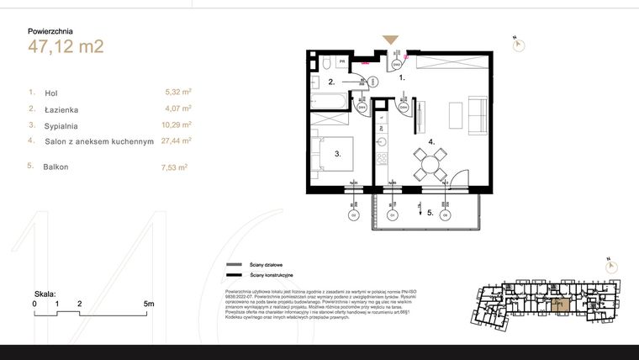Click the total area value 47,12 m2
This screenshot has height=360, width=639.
click(x=66, y=46)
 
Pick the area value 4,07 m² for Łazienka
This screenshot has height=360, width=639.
click(x=178, y=109)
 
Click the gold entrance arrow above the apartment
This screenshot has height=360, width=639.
click(x=391, y=40)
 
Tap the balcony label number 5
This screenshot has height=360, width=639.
click(x=429, y=213)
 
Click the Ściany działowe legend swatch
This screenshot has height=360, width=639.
click(x=233, y=264)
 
